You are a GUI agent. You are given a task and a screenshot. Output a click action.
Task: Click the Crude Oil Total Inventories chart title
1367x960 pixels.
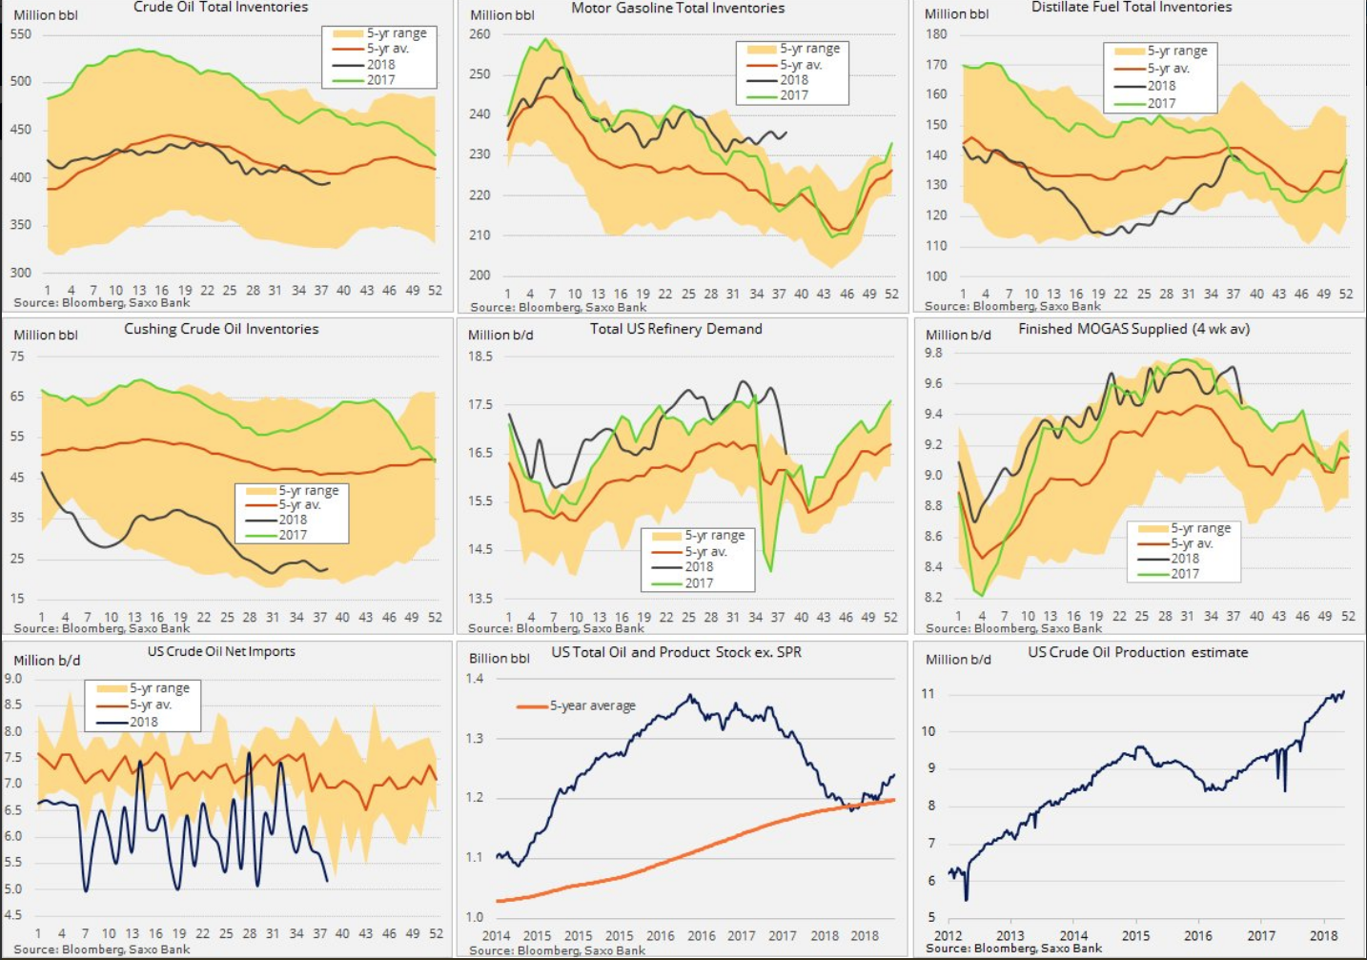pyautogui.click(x=220, y=8)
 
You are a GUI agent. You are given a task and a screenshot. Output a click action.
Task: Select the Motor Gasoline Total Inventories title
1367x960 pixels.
pyautogui.click(x=678, y=9)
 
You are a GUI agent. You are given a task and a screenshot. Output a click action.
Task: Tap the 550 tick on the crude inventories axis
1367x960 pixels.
pyautogui.click(x=20, y=34)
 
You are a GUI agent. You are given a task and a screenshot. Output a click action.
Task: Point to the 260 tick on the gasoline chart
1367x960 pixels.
pyautogui.click(x=479, y=34)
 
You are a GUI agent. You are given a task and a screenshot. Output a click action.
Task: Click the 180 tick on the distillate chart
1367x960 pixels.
pyautogui.click(x=936, y=34)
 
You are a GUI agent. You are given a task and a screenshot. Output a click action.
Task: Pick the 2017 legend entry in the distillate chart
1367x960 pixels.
pyautogui.click(x=1161, y=103)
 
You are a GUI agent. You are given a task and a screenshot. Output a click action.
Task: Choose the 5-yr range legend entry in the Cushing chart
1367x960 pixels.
pyautogui.click(x=308, y=491)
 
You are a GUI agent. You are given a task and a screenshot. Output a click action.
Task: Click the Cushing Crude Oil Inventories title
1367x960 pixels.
pyautogui.click(x=221, y=329)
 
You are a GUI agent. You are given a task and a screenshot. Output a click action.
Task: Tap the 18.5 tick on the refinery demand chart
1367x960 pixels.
pyautogui.click(x=479, y=357)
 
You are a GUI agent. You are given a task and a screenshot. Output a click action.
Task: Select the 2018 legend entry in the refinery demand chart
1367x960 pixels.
pyautogui.click(x=699, y=566)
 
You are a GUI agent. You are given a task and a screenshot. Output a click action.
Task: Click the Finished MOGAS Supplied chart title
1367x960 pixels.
pyautogui.click(x=1133, y=329)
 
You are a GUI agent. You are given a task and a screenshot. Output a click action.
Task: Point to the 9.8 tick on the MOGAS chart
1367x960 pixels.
pyautogui.click(x=933, y=353)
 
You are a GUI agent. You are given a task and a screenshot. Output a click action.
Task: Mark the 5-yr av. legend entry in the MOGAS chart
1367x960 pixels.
pyautogui.click(x=1192, y=543)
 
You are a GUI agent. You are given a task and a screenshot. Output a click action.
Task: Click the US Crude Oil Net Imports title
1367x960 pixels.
pyautogui.click(x=221, y=652)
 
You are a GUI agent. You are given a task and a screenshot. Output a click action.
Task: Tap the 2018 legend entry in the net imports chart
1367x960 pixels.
pyautogui.click(x=143, y=722)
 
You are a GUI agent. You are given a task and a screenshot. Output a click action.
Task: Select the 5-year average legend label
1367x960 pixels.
pyautogui.click(x=592, y=706)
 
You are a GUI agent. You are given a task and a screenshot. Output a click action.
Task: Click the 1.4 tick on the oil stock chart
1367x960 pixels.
pyautogui.click(x=475, y=679)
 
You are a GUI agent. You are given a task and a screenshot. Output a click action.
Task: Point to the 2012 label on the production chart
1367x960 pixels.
pyautogui.click(x=948, y=935)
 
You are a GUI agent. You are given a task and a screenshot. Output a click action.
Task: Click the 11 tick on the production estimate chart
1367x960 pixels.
pyautogui.click(x=928, y=694)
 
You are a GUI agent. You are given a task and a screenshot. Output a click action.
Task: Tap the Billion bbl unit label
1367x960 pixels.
pyautogui.click(x=499, y=659)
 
